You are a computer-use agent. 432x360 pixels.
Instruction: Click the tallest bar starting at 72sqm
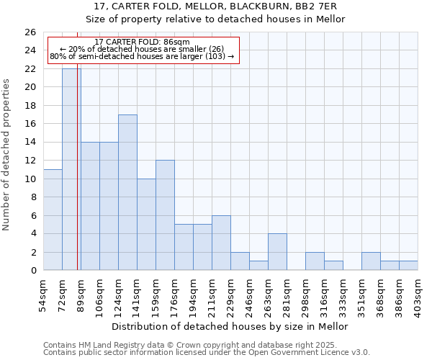coord(71,170)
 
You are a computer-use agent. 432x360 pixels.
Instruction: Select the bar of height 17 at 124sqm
coord(127,192)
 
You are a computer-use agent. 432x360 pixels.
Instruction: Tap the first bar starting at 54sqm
coord(53,220)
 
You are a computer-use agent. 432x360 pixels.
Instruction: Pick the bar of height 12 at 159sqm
coord(165,215)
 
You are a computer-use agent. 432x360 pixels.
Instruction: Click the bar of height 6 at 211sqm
coord(221,243)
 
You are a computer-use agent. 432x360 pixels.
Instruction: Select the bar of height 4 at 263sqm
coord(277,252)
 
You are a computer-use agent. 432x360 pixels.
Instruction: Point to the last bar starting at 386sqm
coord(408,266)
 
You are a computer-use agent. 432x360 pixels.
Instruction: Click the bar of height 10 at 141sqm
coord(146,225)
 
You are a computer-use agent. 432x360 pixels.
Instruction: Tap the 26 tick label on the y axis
coord(30,32)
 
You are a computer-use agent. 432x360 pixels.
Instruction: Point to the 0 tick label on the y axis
coord(32,271)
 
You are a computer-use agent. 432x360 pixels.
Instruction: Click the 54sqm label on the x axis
coord(43,295)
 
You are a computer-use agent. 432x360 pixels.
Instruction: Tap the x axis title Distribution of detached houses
coord(230,327)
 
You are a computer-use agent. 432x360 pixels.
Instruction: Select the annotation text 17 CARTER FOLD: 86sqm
coord(142,42)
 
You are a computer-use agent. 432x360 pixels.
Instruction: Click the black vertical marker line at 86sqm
coord(77,180)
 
